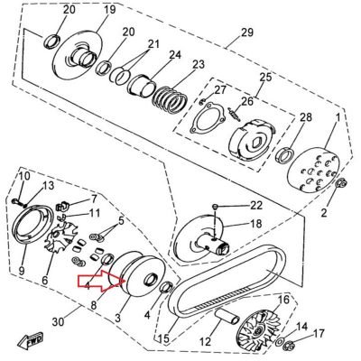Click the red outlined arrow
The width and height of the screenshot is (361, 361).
(x=102, y=281)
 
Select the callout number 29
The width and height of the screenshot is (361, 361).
(x=247, y=32)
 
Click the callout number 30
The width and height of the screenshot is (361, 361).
(x=58, y=322)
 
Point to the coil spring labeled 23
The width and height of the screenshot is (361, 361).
(x=171, y=100)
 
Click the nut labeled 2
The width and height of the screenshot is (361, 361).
(x=341, y=183)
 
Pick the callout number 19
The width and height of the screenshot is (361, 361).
(x=109, y=9)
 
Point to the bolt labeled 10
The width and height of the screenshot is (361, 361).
(x=19, y=202)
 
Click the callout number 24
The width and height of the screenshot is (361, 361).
(x=175, y=55)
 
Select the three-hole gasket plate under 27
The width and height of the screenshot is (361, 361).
(x=207, y=119)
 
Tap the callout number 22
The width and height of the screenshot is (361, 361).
(x=256, y=206)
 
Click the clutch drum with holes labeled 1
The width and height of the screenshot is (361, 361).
(x=314, y=169)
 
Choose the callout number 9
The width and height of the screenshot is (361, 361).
(x=22, y=271)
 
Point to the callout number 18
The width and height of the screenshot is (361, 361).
(x=255, y=224)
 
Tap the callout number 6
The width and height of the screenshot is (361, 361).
(x=44, y=281)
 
